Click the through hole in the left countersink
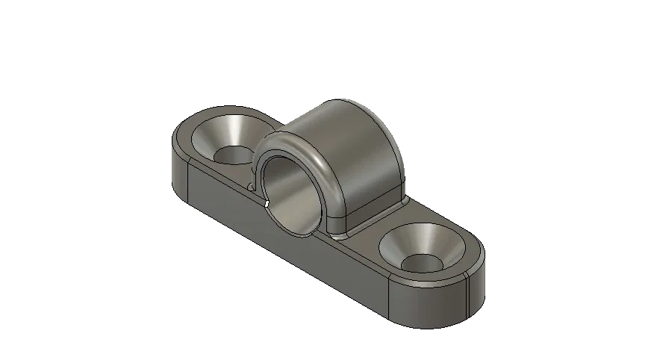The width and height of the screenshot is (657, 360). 234,155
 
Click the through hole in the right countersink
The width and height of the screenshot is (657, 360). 424,263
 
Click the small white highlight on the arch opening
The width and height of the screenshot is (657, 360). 267,202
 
